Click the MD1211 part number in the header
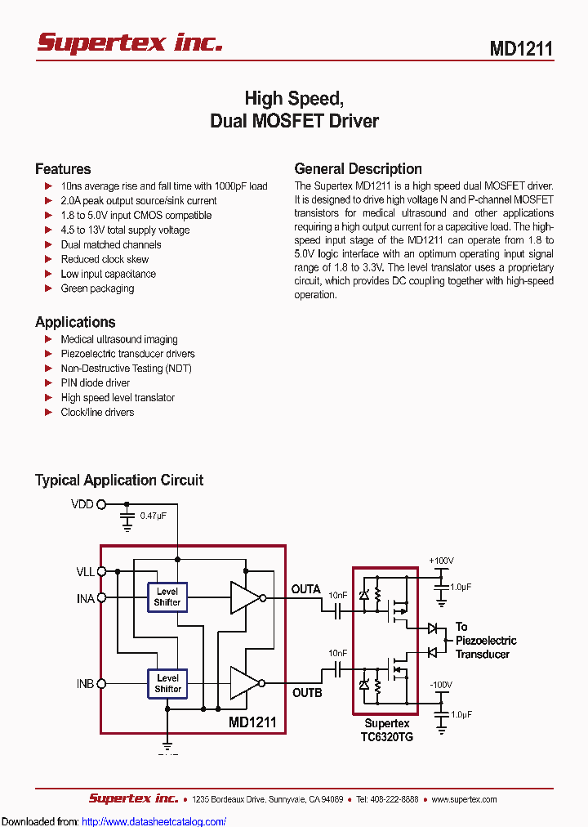521,48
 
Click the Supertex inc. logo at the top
130,42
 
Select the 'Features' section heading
63,169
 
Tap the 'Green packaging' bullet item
97,288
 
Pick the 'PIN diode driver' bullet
95,383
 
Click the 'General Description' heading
358,169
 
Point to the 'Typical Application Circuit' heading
119,481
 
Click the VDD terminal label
82,504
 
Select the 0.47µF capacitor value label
154,516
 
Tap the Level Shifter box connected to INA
167,597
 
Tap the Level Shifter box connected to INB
167,683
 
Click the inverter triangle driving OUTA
243,597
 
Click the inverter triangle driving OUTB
243,683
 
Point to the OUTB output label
307,693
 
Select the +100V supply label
441,561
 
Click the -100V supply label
441,684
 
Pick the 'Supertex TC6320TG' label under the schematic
387,730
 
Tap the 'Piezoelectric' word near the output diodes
486,641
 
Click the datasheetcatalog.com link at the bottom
154,821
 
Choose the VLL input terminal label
85,572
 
